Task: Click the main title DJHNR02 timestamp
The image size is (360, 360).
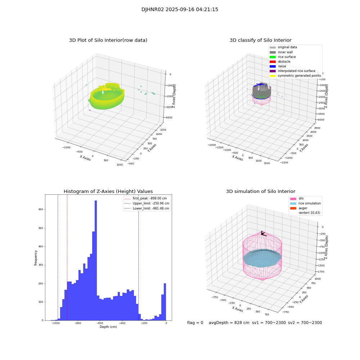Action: coord(180,10)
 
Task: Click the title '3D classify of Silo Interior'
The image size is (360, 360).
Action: coord(260,40)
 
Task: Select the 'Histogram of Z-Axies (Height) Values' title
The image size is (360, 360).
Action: coord(108,192)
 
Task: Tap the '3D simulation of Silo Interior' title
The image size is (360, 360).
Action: coord(260,192)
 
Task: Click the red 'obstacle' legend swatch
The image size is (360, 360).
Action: coord(273,62)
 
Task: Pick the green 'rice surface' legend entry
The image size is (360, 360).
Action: coord(287,57)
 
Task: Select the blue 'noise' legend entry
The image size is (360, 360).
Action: coord(282,66)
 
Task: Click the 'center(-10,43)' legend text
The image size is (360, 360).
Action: coord(309,213)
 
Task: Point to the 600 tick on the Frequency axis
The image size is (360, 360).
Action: coord(41,210)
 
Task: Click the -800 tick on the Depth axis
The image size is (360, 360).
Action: coord(78,323)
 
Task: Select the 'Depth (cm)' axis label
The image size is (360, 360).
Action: coord(108,327)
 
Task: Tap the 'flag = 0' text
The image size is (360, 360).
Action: coord(195,323)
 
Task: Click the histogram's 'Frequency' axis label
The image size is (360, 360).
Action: coord(36,257)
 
